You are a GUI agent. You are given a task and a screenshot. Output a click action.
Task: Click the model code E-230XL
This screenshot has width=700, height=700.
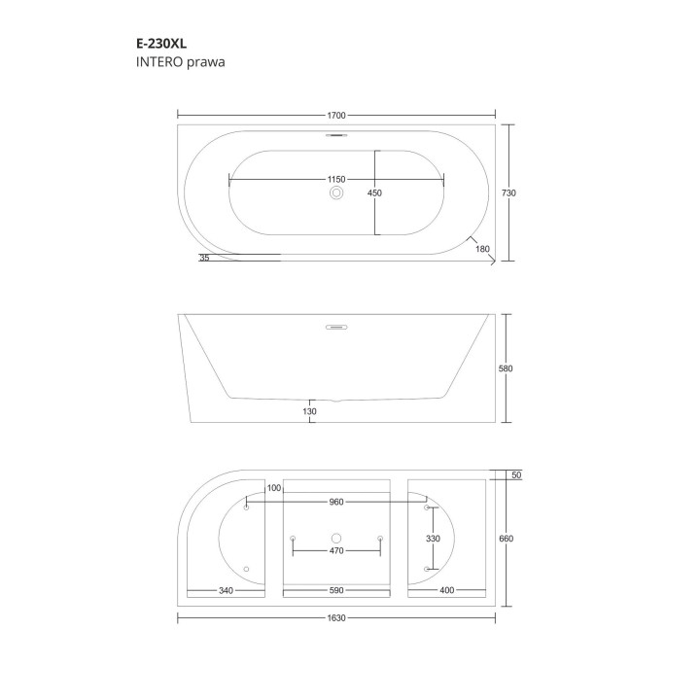[x=161, y=44]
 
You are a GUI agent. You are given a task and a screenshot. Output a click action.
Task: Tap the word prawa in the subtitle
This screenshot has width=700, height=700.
[x=205, y=62]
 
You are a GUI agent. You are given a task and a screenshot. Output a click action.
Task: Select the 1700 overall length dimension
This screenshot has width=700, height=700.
[x=336, y=115]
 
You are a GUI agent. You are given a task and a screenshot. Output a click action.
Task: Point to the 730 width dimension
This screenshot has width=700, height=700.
[x=508, y=192]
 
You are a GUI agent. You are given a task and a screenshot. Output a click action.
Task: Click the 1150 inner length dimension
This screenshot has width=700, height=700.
[x=336, y=180]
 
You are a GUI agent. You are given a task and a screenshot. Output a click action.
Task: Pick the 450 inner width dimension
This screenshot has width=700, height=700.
[x=374, y=192]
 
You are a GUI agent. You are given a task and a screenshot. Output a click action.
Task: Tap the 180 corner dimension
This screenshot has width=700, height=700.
[x=482, y=249]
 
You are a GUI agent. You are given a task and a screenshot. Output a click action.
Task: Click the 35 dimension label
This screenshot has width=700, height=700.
[x=204, y=258]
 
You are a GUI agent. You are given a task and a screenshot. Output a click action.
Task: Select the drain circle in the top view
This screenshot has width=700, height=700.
[x=336, y=192]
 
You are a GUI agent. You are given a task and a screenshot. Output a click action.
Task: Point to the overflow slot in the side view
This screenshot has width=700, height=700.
[x=336, y=328]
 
